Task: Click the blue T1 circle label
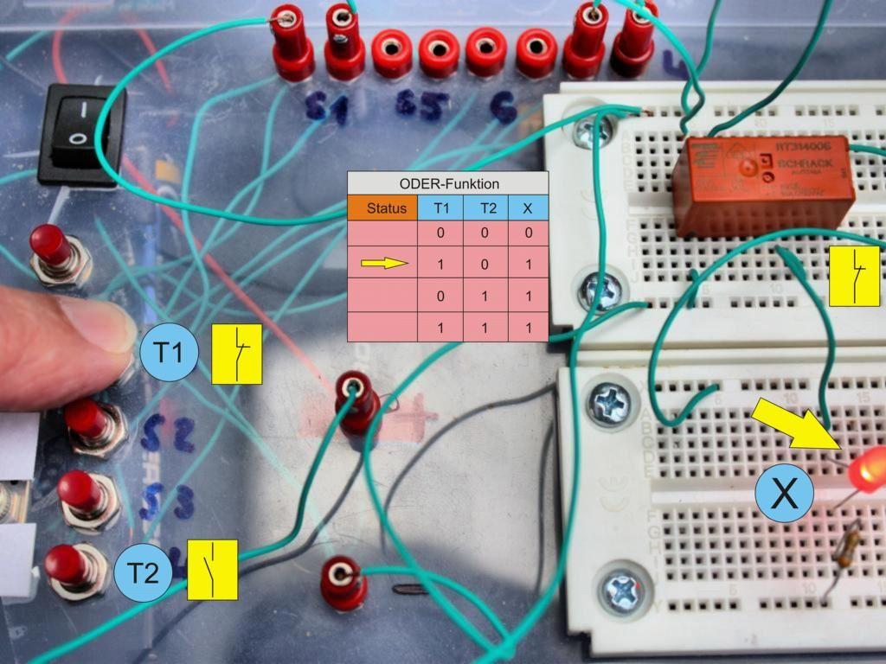pyautogui.click(x=169, y=353)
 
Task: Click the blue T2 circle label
pyautogui.click(x=144, y=572)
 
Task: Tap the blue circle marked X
pyautogui.click(x=784, y=494)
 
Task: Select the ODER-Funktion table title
pyautogui.click(x=448, y=183)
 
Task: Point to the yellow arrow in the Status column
pyautogui.click(x=384, y=263)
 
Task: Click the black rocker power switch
pyautogui.click(x=79, y=134)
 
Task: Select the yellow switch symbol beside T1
pyautogui.click(x=237, y=353)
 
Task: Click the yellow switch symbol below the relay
pyautogui.click(x=854, y=277)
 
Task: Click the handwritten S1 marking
pyautogui.click(x=326, y=108)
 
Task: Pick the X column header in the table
pyautogui.click(x=527, y=208)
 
